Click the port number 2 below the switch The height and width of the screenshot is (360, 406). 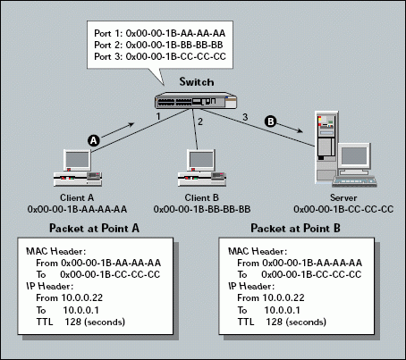coord(201,121)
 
